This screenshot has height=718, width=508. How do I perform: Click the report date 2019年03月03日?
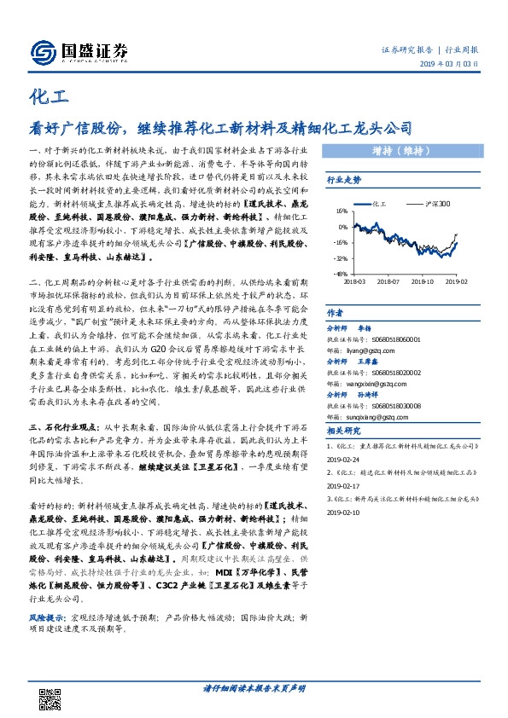coord(453,65)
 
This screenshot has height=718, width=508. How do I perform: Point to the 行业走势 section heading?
coord(345,181)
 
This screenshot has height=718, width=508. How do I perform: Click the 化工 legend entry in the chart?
coord(377,205)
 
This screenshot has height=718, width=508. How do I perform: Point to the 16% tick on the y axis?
coord(341,212)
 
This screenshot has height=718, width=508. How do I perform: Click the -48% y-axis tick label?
coord(340,274)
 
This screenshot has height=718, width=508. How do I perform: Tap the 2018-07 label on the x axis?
coord(388,280)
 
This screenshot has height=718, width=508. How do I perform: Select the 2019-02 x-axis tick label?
coord(457,280)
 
